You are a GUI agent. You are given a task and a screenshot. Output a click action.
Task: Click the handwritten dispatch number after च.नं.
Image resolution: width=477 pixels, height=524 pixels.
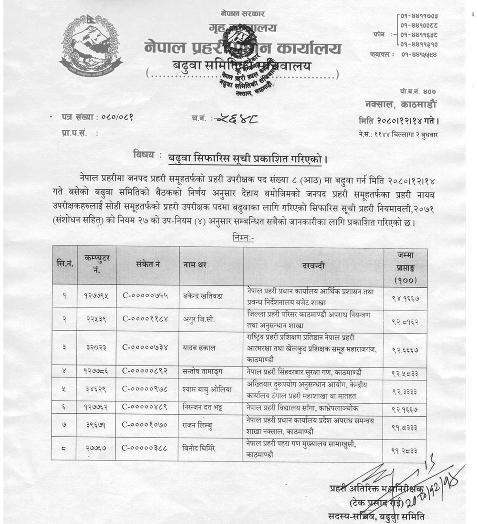pos(237,119)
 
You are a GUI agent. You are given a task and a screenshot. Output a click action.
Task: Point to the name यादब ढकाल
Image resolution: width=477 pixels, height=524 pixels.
pos(199,348)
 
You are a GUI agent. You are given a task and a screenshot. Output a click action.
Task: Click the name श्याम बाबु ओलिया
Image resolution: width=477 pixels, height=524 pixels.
pos(207,389)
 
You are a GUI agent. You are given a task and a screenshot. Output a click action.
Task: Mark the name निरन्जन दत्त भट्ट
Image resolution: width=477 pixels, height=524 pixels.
pos(208,407)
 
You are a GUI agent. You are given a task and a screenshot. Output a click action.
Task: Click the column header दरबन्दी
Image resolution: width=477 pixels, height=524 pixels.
pos(313,266)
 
